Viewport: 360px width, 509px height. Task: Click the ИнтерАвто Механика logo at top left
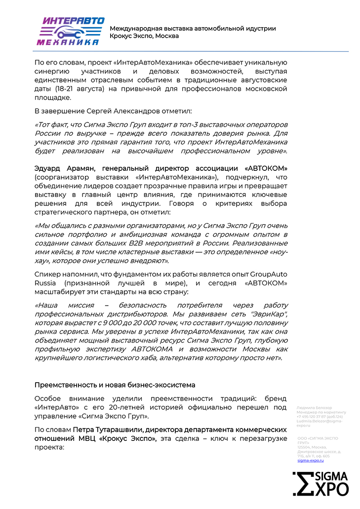(70, 31)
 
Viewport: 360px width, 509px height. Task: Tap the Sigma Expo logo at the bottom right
(320, 483)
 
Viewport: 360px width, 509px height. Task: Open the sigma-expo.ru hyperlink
(310, 460)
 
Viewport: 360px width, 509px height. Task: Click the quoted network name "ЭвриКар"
(267, 314)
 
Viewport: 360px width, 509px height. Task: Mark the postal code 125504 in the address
(304, 447)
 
